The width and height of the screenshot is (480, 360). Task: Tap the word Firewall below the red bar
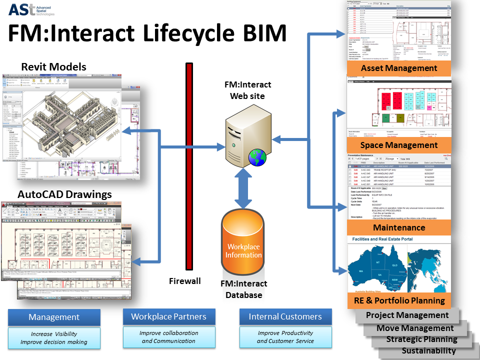184,281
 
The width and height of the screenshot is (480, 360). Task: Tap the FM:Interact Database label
244,289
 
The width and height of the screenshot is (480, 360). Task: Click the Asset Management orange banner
399,68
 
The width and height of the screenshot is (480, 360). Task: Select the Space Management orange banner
399,145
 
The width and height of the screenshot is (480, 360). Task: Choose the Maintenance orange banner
399,227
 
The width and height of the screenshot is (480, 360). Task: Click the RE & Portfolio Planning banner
399,300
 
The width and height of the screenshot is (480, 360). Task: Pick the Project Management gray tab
407,315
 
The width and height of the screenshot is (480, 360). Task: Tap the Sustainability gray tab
428,350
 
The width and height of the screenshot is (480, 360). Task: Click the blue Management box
54,317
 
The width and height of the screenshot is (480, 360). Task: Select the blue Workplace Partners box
168,316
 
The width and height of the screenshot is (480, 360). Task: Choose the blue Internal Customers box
285,316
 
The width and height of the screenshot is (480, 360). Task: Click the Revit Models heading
54,67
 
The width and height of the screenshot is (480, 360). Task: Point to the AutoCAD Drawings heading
65,194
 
